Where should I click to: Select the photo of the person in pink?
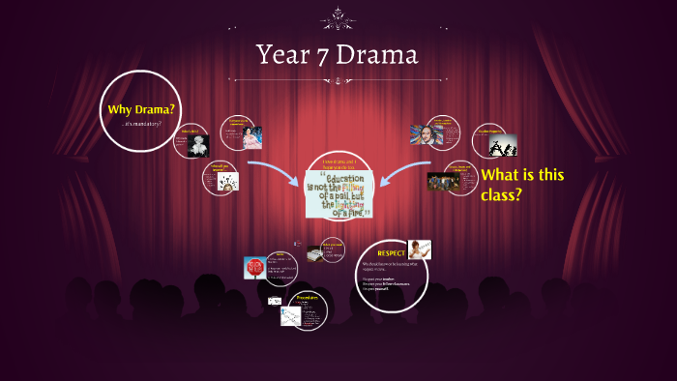[x=252, y=136]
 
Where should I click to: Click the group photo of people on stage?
[x=443, y=181]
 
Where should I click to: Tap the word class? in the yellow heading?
[x=504, y=194]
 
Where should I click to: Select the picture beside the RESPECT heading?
[x=419, y=249]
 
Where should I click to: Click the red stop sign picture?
[x=255, y=268]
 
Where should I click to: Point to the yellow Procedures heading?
[x=307, y=297]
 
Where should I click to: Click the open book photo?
[x=315, y=253]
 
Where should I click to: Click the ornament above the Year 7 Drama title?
[x=338, y=14]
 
